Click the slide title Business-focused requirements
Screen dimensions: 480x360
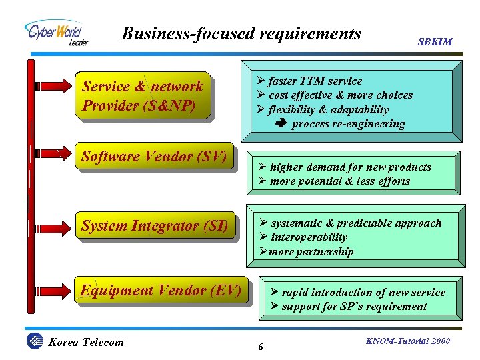point(241,33)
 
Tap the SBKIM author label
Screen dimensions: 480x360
point(435,41)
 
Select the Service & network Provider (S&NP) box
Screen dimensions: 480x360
point(144,95)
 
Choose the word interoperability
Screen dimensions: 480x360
point(308,237)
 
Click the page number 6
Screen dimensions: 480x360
point(260,347)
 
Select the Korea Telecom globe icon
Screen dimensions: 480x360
point(34,341)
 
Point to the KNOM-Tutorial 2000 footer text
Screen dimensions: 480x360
point(408,341)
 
